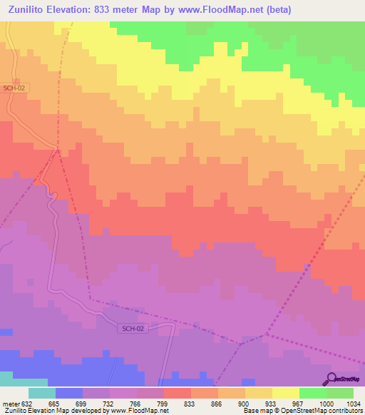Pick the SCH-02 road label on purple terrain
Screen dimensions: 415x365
coord(131,327)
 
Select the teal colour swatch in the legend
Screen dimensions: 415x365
coord(41,394)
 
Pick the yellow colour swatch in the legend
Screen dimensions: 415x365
coord(285,394)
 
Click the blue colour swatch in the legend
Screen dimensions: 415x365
coord(68,394)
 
